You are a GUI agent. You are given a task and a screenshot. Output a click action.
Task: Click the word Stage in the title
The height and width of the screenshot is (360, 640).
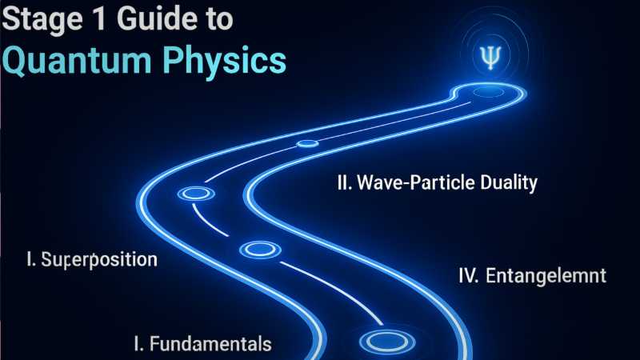tap(40, 22)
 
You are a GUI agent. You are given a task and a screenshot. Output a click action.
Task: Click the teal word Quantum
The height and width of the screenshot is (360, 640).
tap(76, 62)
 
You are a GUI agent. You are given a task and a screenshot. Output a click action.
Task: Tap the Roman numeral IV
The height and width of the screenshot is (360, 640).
tap(468, 277)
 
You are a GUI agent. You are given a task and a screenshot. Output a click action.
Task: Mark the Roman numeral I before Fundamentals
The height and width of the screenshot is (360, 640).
tap(138, 344)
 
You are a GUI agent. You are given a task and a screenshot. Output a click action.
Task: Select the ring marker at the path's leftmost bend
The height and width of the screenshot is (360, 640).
tap(194, 194)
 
